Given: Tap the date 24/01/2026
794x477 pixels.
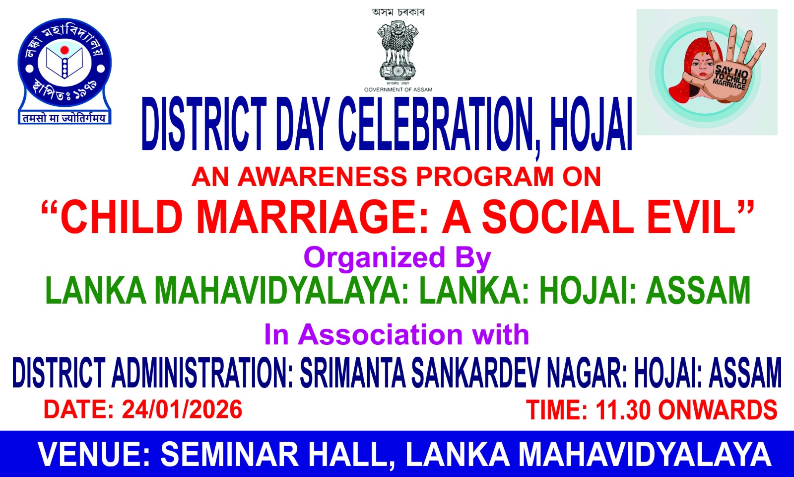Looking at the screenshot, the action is [182, 409].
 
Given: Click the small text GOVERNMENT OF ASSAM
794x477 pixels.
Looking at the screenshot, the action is [398, 90].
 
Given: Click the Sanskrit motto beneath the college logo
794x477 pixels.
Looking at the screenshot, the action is [65, 118].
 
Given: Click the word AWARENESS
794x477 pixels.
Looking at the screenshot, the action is [322, 176].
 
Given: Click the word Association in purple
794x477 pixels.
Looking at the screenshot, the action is [380, 334].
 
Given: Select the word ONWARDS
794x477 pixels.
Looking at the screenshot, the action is [718, 410].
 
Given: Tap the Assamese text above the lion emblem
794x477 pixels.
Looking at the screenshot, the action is [398, 12].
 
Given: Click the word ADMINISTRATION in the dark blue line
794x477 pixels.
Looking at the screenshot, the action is [202, 372].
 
